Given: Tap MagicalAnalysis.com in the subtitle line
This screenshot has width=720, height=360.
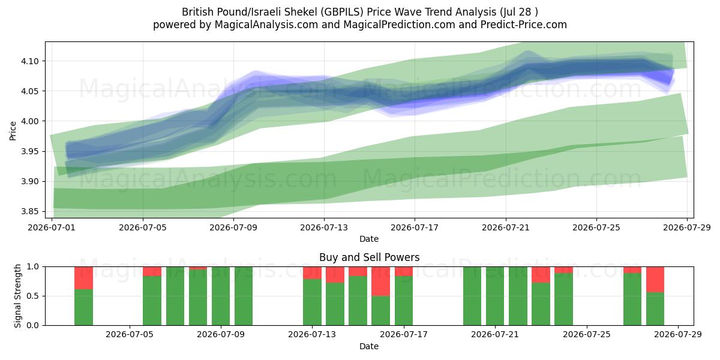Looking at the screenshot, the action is pos(266,25).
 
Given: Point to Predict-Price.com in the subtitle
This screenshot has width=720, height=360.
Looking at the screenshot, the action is pos(524,25).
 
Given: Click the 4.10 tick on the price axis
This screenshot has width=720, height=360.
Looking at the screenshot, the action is pos(29,61).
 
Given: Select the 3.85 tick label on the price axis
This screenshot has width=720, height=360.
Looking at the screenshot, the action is pos(29,211).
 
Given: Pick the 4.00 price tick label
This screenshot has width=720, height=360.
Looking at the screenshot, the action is pos(29,121).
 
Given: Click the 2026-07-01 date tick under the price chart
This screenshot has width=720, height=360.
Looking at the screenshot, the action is pos(52,227).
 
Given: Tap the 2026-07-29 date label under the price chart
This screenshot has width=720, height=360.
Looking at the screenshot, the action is pos(687,227).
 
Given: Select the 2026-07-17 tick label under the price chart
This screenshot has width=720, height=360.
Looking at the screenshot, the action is pos(415,227).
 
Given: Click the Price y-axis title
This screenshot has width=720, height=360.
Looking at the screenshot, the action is pos(13,131).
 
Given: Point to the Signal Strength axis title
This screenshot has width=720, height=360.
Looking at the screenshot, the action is pos(17,296).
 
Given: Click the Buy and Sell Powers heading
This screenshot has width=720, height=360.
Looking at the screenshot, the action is pos(370,257).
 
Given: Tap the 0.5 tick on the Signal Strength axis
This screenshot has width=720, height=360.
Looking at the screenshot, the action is pos(33,296).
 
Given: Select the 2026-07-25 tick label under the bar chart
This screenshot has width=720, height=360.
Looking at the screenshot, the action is pos(587,335).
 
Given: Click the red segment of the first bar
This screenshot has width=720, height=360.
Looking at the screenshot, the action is pos(83,278).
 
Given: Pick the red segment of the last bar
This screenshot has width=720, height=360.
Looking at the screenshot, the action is pos(655,280).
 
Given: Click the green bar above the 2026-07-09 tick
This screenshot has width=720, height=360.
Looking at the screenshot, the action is pos(221,296).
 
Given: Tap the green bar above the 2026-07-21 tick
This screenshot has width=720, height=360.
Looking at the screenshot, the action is pos(495,296).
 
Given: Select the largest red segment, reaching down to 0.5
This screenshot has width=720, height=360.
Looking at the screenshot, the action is pos(380,281).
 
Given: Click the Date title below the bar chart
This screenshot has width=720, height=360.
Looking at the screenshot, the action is pos(369,346).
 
